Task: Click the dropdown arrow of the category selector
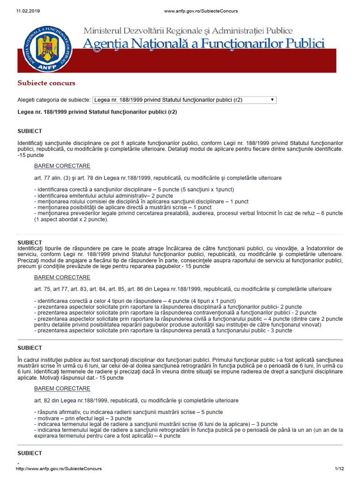pos(272,100)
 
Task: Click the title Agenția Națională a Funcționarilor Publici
pos(203,44)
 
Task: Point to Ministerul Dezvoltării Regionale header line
pos(188,31)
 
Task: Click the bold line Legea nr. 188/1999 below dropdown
pos(97,112)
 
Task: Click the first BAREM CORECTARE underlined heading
pos(62,166)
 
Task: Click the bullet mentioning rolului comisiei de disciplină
pos(135,202)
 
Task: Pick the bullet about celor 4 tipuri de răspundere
pos(135,300)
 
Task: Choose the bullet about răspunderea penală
pos(163,330)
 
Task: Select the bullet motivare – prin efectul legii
pos(83,418)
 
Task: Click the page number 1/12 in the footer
pos(339,469)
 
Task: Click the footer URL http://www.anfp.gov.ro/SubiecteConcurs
pos(59,469)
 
